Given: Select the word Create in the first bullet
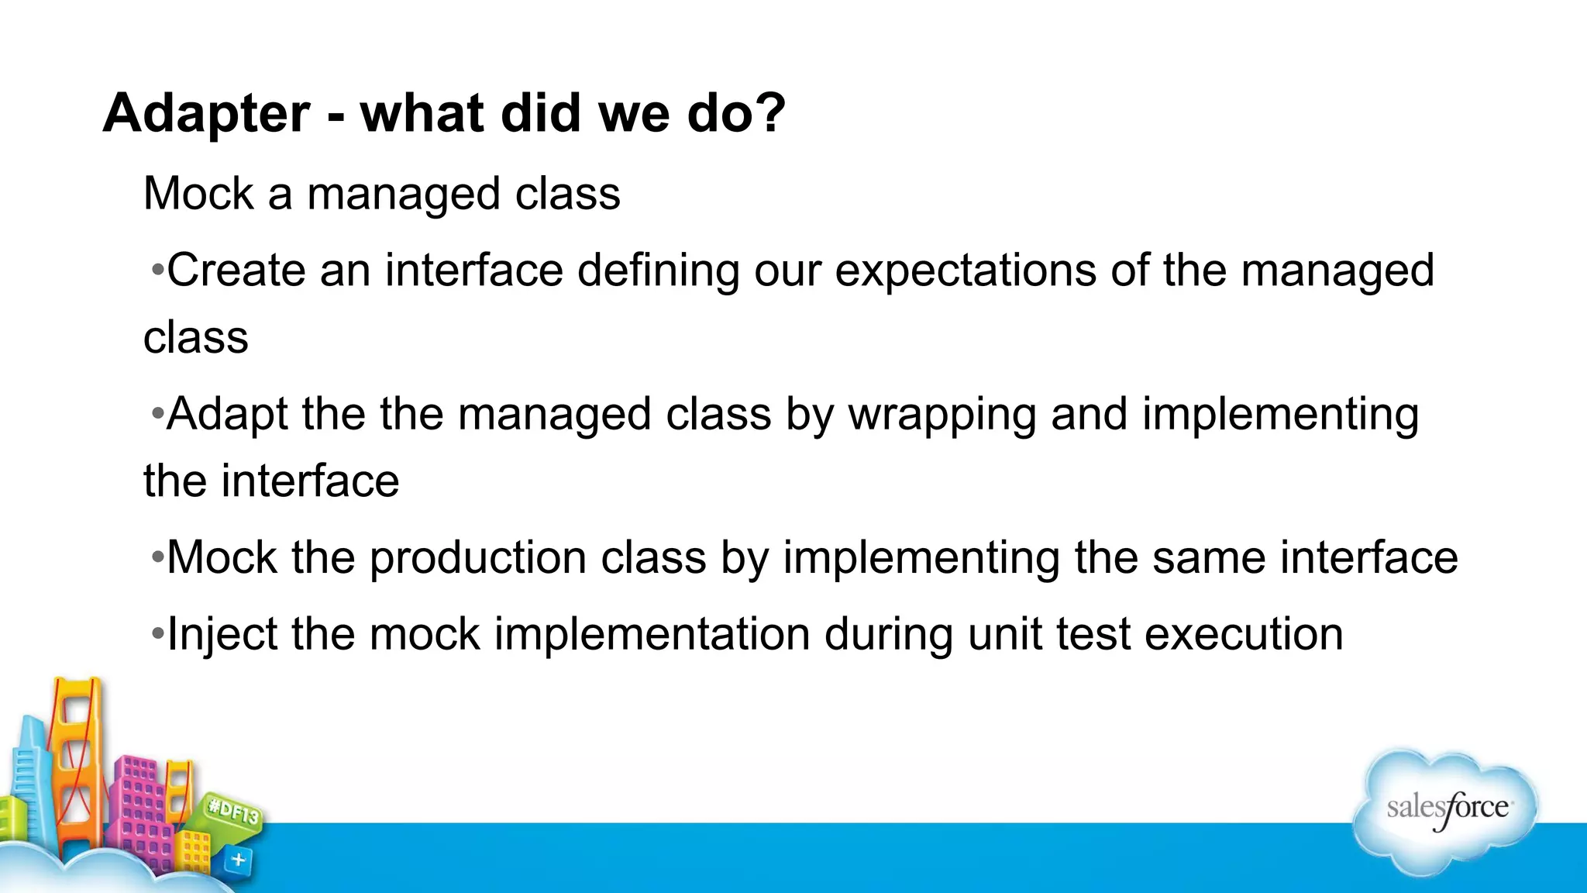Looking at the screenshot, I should click(x=236, y=271).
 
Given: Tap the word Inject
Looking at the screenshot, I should click(x=222, y=635).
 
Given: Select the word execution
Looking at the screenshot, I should click(x=1244, y=635).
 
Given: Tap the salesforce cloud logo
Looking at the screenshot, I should click(x=1446, y=810).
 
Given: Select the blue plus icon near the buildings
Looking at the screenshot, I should click(x=239, y=860).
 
